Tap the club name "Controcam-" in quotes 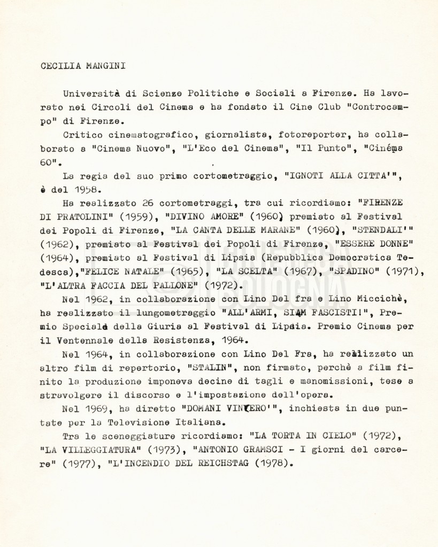coord(377,106)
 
